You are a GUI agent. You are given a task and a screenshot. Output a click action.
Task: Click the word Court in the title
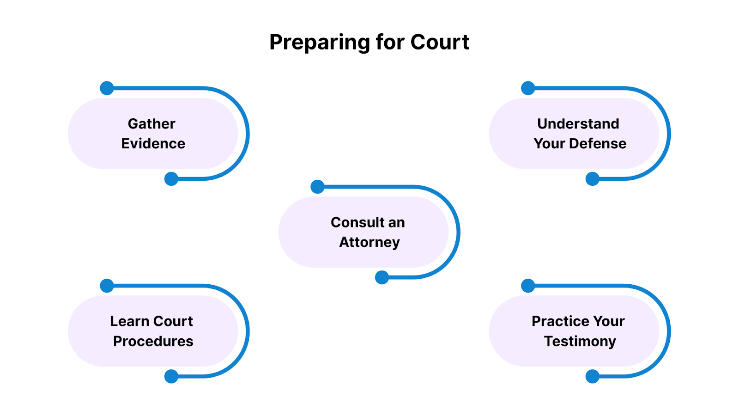[440, 42]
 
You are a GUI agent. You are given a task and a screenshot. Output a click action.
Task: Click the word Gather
[151, 124]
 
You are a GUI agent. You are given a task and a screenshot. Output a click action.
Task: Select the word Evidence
[153, 144]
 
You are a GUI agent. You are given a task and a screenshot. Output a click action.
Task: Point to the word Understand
[578, 124]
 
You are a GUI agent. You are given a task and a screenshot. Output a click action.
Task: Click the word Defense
[598, 144]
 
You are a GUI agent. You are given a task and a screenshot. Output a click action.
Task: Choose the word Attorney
[369, 243]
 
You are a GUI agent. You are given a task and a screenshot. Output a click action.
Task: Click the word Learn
[129, 321]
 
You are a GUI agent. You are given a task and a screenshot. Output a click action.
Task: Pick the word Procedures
[153, 342]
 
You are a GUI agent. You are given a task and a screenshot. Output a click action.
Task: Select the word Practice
[554, 321]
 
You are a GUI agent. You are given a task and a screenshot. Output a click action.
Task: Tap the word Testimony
[580, 342]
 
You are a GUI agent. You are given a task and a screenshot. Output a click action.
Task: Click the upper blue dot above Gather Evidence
[107, 88]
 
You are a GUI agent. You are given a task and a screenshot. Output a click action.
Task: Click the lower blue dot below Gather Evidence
[171, 179]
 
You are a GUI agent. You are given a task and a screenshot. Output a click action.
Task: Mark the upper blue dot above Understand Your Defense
[528, 88]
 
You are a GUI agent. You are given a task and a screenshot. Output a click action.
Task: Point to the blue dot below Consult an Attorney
[382, 277]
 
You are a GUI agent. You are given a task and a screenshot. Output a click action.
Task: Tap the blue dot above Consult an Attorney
[317, 187]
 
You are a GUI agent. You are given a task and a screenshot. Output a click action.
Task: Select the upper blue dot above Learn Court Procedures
[107, 286]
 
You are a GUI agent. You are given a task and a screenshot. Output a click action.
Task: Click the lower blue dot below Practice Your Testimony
[593, 376]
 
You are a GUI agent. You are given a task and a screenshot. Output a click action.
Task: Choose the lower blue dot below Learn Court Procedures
[171, 376]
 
